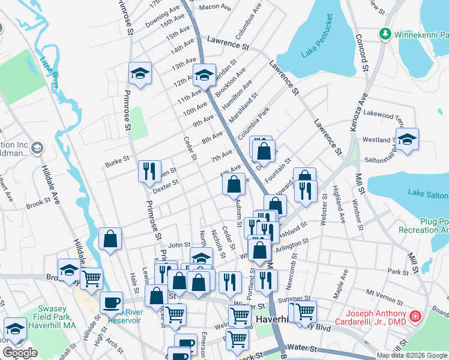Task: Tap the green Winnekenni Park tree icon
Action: coord(384,35)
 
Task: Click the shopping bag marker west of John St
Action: coord(110,239)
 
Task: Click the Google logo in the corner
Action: coord(20,353)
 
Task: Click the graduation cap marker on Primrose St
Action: coord(140,73)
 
